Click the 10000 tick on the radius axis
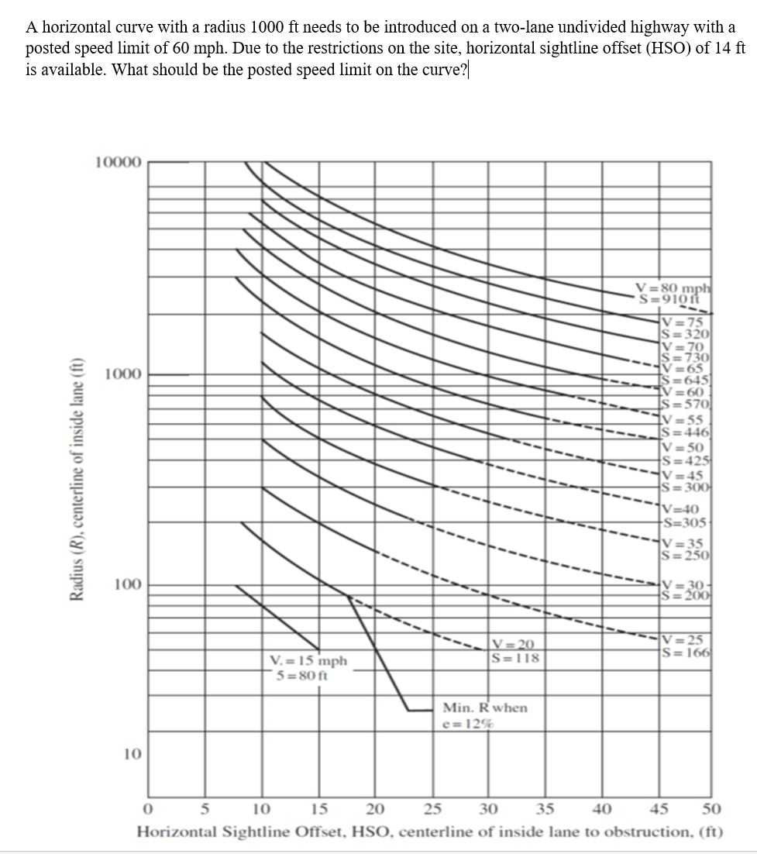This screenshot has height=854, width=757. tap(118, 163)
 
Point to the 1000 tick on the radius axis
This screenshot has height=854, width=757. tap(122, 375)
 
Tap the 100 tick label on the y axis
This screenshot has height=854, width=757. tap(126, 584)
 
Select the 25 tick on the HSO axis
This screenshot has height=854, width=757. tap(432, 810)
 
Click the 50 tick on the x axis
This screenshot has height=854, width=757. tap(711, 810)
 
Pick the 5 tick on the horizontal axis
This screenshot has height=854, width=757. tap(205, 810)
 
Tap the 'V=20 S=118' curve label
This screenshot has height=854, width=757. tap(514, 651)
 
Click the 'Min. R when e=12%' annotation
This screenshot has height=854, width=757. tap(484, 715)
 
